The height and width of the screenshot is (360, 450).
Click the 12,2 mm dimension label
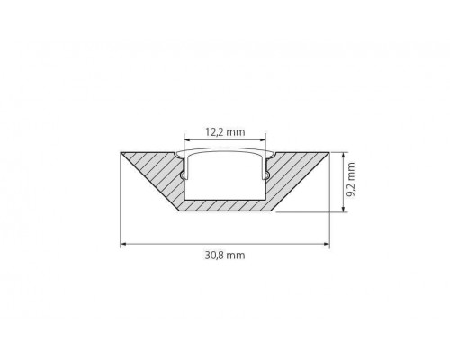225,131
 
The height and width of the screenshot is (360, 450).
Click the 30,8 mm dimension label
225,256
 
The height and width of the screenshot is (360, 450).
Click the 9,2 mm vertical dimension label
350,180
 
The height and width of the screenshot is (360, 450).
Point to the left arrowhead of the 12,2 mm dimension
187,139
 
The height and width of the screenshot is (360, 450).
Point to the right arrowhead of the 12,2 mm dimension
263,139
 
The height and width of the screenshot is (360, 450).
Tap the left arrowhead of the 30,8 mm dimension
124,244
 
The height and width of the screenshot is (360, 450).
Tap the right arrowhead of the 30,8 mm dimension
326,244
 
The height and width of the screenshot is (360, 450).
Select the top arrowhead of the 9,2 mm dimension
343,156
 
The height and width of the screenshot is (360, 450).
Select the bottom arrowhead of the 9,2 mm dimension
343,209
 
